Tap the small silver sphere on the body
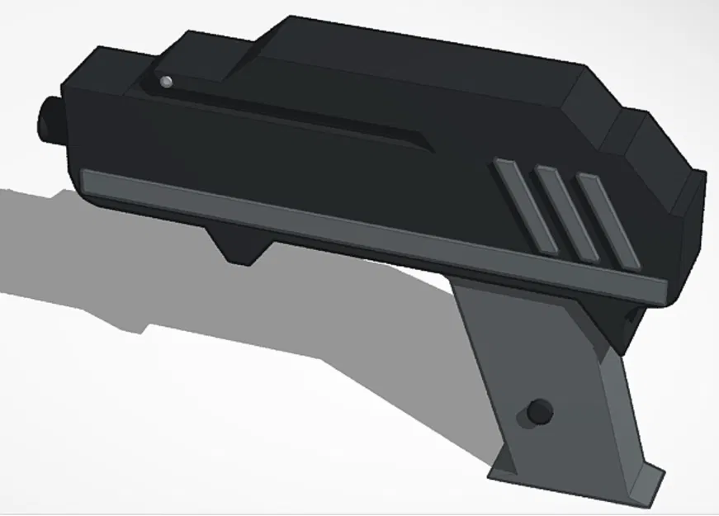coord(166,81)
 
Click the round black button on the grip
coord(540,409)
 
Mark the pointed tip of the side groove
coord(430,148)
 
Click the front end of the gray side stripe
coord(91,180)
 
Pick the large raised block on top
coord(413,66)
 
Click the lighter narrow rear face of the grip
coord(627,413)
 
